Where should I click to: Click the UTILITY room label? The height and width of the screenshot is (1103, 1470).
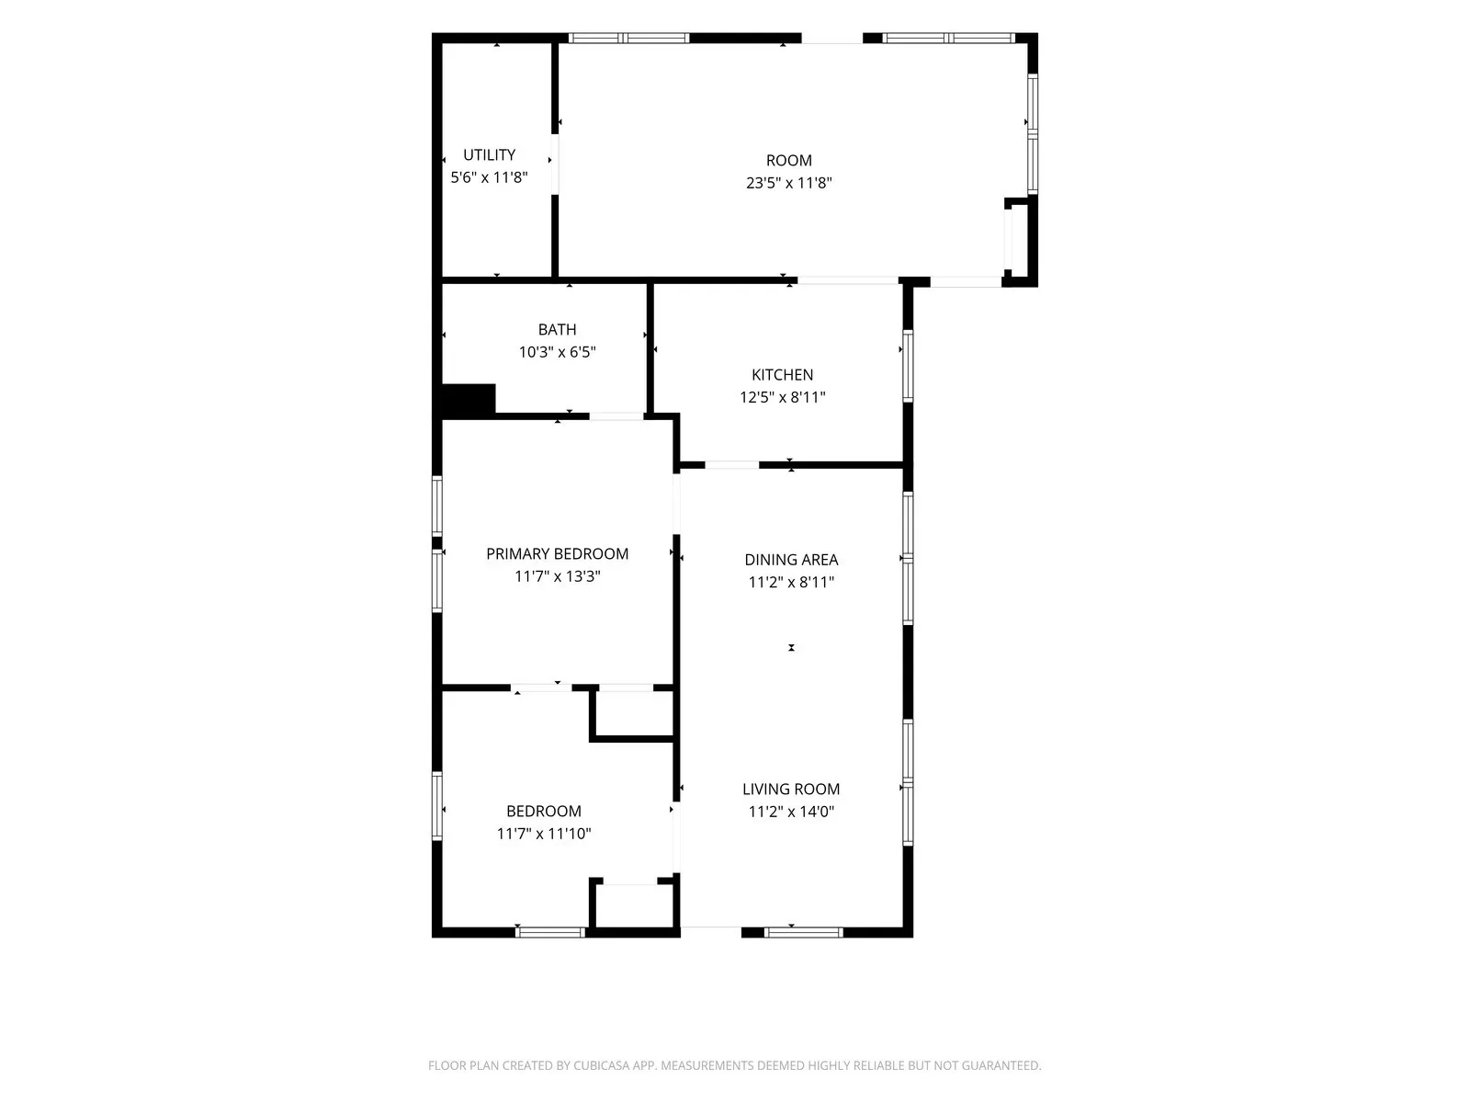[x=489, y=154]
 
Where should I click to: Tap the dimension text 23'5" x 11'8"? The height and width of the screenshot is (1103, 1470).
[x=789, y=183]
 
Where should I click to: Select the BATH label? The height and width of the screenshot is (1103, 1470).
[x=557, y=329]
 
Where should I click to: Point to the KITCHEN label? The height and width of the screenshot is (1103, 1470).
[x=782, y=375]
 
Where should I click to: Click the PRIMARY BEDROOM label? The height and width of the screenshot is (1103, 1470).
[x=557, y=554]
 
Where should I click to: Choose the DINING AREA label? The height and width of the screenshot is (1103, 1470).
[x=791, y=559]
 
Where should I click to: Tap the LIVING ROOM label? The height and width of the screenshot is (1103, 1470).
[x=791, y=789]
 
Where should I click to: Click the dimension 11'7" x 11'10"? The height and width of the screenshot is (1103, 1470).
[x=544, y=834]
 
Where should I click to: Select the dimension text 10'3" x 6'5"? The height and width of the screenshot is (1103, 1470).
[x=557, y=352]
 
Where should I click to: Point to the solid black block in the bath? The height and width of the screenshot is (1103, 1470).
[x=469, y=400]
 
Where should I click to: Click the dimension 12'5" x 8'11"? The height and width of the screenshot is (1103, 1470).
[x=782, y=397]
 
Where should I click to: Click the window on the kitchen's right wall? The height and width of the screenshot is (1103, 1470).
[x=908, y=366]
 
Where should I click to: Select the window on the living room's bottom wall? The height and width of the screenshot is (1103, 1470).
[x=803, y=932]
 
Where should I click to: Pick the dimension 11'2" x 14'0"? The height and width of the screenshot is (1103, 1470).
[x=791, y=812]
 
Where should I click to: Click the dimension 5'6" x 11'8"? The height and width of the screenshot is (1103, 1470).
[x=489, y=177]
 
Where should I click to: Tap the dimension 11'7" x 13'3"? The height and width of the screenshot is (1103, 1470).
[x=557, y=576]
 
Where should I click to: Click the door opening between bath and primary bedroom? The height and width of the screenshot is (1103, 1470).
[x=616, y=416]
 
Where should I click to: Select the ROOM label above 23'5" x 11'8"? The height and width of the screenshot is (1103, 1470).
[x=789, y=161]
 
